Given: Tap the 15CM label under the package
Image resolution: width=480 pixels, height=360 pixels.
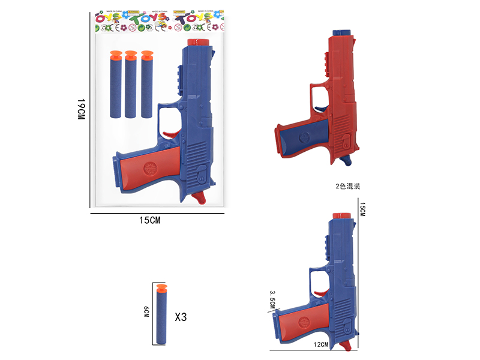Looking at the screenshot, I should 149,220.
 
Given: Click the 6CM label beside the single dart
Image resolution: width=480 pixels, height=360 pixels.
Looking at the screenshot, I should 146,313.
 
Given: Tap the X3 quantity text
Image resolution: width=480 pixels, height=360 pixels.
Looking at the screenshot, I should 180,317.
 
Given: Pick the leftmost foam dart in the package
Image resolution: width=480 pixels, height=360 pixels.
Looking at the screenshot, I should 116,87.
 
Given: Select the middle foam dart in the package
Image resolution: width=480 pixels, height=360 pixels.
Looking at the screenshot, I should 131,87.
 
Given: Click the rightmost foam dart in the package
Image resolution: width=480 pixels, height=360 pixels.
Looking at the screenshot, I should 147,87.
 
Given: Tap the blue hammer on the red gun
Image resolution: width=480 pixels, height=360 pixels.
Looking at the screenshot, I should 346,161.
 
